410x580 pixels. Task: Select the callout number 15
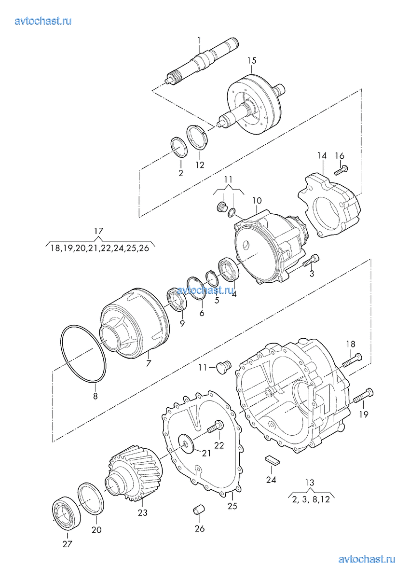pyautogui.click(x=252, y=61)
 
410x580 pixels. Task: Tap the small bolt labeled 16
pyautogui.click(x=341, y=170)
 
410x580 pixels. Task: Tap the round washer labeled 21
pyautogui.click(x=186, y=443)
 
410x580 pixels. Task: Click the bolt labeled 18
pyautogui.click(x=352, y=360)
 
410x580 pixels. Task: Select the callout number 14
pyautogui.click(x=322, y=156)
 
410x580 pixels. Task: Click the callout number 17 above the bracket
pyautogui.click(x=99, y=231)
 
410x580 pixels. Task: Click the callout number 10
pyautogui.click(x=257, y=201)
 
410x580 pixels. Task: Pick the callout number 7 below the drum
pyautogui.click(x=149, y=363)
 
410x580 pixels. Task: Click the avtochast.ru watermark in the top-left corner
pyautogui.click(x=43, y=21)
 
